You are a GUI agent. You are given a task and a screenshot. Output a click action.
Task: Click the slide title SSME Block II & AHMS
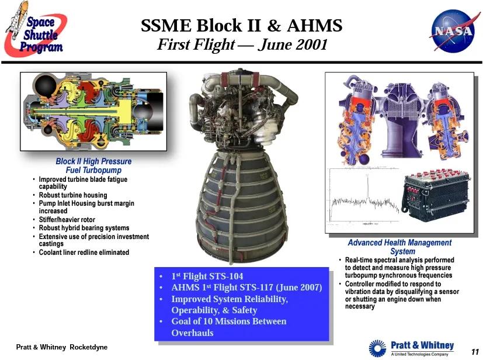pos(241,26)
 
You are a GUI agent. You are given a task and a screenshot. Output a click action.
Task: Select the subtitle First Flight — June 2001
pos(241,45)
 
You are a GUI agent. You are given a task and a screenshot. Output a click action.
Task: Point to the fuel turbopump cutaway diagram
pos(93,111)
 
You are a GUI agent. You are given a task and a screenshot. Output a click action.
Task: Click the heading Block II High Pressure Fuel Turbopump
pos(93,165)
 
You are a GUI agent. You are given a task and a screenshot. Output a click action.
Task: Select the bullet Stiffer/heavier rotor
pos(67,220)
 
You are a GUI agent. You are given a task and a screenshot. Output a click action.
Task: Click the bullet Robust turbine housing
pos(73,195)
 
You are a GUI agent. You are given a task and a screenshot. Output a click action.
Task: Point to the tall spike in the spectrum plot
pos(368,187)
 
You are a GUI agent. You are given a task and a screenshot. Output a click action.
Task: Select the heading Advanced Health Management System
pos(399,247)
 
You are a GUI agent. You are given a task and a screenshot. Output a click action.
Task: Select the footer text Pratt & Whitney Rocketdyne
pos(61,347)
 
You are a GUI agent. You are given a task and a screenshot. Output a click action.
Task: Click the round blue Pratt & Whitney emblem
pos(378,348)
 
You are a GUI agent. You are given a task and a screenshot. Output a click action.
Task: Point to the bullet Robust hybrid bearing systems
pos(84,228)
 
